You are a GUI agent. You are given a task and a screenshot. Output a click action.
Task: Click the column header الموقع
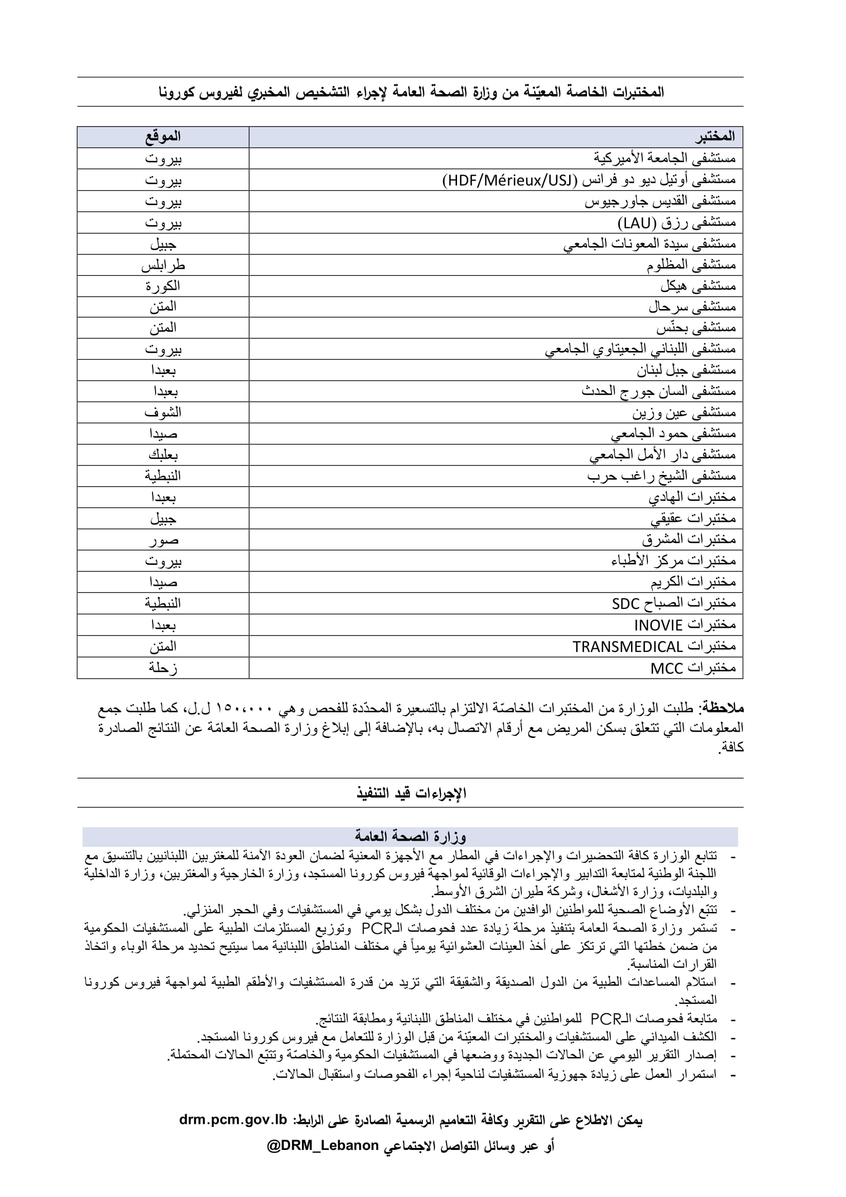(163, 137)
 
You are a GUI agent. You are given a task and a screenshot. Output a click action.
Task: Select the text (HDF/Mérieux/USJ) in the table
(510, 180)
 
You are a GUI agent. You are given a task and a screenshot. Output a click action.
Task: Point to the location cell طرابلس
(163, 266)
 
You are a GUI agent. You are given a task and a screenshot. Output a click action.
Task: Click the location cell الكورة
(163, 286)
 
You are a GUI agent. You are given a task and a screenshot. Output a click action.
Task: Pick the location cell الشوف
(163, 412)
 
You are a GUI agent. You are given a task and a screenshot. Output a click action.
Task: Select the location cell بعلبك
(163, 455)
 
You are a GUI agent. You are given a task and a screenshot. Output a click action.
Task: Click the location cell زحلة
(163, 668)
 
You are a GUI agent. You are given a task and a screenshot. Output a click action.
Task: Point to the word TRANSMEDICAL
(627, 647)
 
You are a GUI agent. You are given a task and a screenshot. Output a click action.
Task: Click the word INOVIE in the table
(658, 625)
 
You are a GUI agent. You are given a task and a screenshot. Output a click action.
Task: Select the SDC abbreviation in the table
(625, 604)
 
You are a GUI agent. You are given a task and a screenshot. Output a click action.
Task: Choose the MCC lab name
(666, 668)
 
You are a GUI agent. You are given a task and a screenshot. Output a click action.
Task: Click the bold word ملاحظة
(724, 708)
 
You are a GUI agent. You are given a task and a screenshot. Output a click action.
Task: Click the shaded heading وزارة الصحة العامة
(410, 836)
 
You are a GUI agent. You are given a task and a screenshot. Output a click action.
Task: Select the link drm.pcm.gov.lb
(233, 1120)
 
